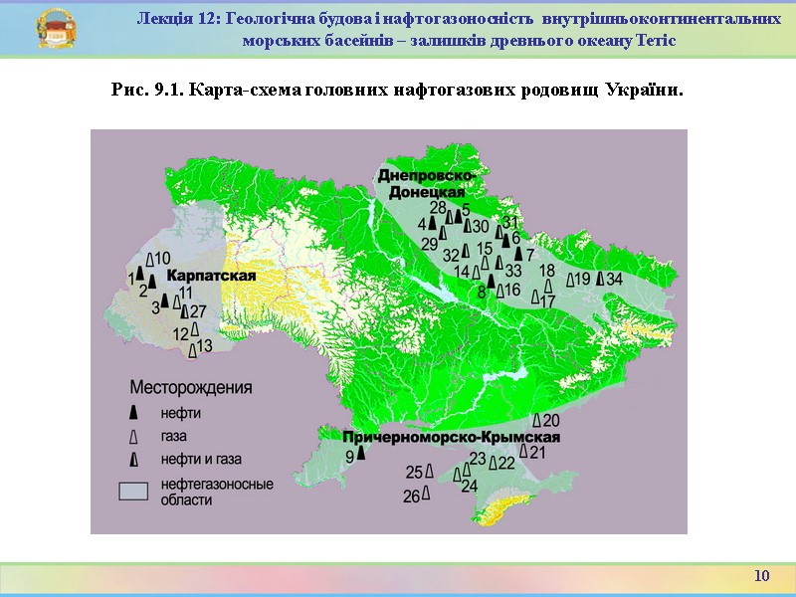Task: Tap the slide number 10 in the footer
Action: (x=762, y=576)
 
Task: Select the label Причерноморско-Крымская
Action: (x=452, y=438)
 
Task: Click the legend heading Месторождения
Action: (x=191, y=387)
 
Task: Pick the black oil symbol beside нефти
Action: (x=133, y=413)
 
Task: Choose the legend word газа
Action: (x=173, y=436)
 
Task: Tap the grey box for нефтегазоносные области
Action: (x=134, y=490)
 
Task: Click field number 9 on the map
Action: (x=350, y=457)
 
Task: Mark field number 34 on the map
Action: (x=614, y=279)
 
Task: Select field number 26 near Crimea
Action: (x=412, y=497)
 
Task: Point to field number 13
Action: (x=204, y=346)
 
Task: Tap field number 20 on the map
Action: (x=550, y=421)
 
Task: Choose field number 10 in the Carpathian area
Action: (x=163, y=259)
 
